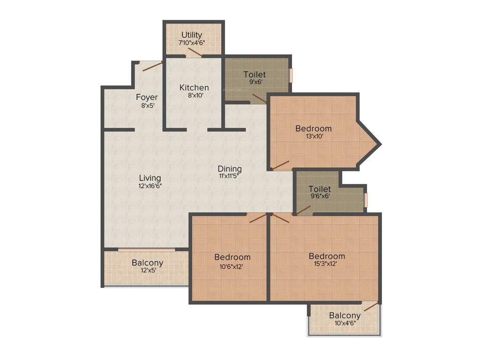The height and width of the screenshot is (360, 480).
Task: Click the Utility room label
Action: [x=192, y=35]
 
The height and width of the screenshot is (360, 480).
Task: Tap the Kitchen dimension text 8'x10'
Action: [x=194, y=96]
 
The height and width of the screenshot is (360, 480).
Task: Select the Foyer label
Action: [x=147, y=97]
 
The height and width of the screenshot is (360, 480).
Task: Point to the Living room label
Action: [x=150, y=178]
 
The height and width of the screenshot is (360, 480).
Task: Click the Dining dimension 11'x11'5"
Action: [x=230, y=177]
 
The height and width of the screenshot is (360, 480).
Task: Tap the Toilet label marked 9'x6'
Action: [x=255, y=75]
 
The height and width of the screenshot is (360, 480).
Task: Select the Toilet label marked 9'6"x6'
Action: [x=320, y=189]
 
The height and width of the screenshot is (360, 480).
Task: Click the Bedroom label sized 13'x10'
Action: [x=313, y=128]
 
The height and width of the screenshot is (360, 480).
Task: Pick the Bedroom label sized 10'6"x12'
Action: [x=232, y=257]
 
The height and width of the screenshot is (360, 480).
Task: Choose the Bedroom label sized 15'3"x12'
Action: [x=327, y=256]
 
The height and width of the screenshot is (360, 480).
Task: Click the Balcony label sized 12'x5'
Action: [x=147, y=263]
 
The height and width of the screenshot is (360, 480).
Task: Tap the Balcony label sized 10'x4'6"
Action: [x=345, y=315]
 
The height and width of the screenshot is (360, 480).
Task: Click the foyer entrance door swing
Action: [x=152, y=66]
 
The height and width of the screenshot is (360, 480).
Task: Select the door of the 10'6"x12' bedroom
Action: [x=257, y=218]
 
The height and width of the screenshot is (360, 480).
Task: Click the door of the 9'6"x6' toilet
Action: [x=303, y=210]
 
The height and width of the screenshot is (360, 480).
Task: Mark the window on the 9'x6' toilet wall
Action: [x=291, y=75]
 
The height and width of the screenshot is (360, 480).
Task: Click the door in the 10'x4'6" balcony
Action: [x=371, y=307]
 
